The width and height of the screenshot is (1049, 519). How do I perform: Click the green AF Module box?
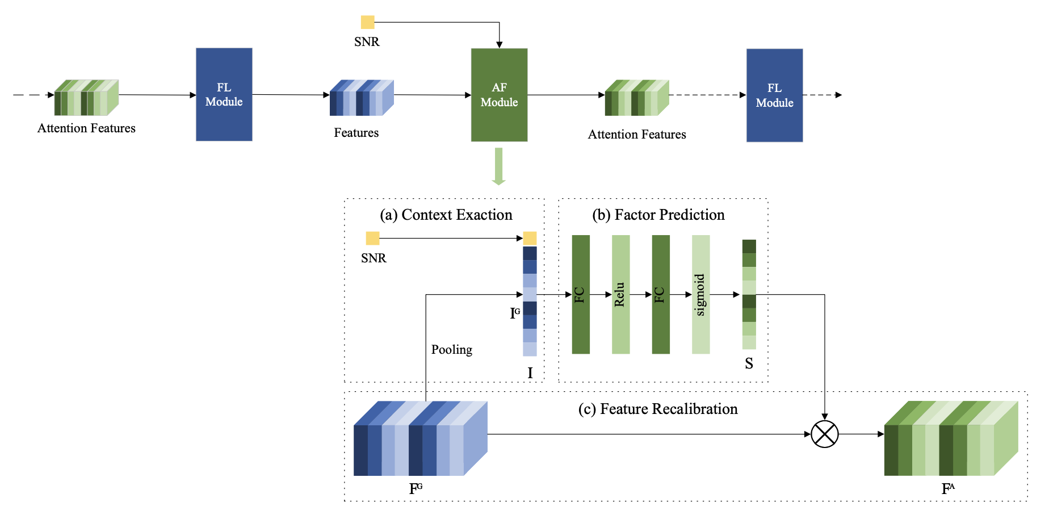click(x=499, y=95)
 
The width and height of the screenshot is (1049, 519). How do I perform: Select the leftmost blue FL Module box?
click(x=224, y=94)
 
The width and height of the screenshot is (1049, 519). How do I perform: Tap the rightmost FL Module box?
click(x=774, y=95)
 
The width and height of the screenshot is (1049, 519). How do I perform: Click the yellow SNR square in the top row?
click(x=367, y=22)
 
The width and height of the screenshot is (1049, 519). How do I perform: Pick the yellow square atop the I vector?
click(x=530, y=238)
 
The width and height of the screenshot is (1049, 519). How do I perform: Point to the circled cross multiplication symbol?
click(x=824, y=434)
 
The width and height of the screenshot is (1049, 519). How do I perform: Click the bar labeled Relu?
click(x=620, y=294)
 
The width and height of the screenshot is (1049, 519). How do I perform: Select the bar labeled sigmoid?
click(x=700, y=294)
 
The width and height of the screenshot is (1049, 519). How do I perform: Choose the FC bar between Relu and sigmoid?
click(x=661, y=294)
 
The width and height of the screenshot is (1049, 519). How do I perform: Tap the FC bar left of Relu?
click(x=581, y=294)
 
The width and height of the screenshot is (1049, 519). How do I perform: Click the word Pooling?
click(x=451, y=349)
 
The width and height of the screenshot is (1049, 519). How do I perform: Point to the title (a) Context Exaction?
click(x=446, y=215)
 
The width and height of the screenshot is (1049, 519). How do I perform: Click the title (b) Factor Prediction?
click(x=658, y=215)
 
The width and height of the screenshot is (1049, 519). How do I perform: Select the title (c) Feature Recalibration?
click(x=657, y=409)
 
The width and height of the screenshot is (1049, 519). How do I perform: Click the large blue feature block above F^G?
click(x=419, y=439)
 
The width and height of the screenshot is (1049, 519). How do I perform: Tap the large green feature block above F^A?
click(x=950, y=439)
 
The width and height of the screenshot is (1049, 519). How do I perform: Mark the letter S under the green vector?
click(x=749, y=363)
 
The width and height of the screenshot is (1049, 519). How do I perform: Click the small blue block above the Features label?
click(x=361, y=98)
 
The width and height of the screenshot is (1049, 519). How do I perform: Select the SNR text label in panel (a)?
click(x=374, y=258)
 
